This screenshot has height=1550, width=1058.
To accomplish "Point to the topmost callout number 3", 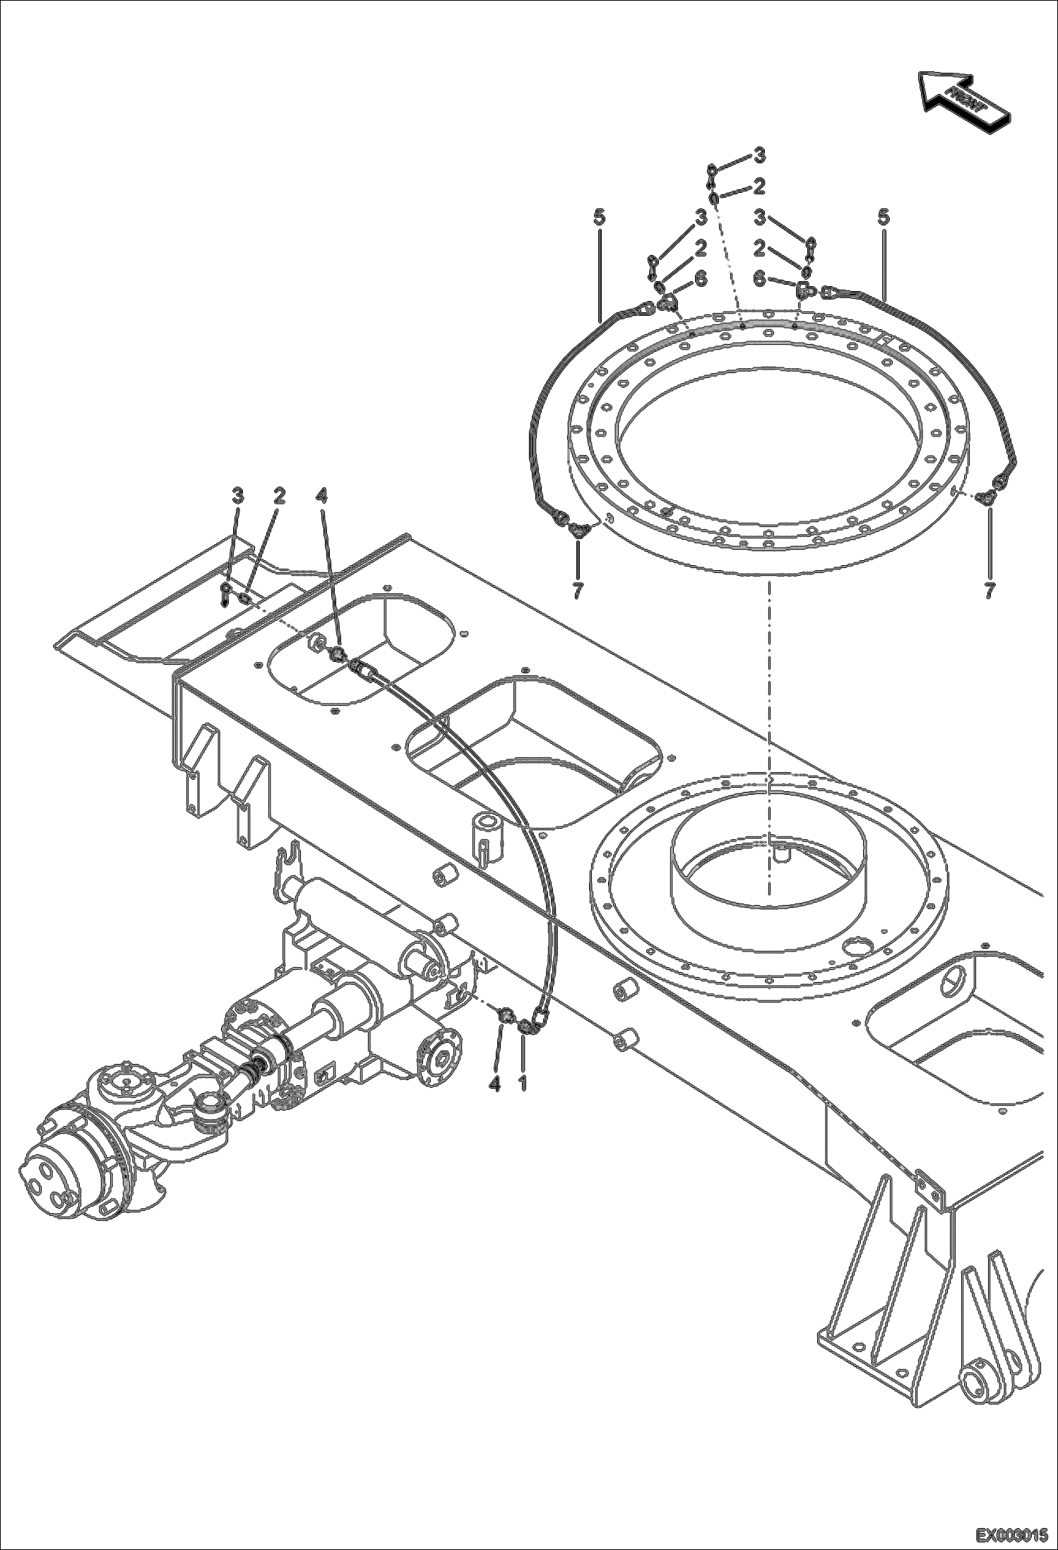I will (x=759, y=153).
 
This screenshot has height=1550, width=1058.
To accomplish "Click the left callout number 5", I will (x=599, y=218).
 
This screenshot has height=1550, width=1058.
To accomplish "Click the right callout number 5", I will (x=884, y=218).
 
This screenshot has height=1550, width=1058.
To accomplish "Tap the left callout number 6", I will (x=700, y=279).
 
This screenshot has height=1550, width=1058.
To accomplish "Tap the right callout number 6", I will (x=759, y=280).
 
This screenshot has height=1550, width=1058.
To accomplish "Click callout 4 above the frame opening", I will (x=322, y=497).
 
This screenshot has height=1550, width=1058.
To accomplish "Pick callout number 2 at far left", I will (x=279, y=497).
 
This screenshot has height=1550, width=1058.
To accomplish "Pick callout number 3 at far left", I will (x=238, y=497).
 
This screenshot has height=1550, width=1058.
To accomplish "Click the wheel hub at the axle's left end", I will (x=49, y=1188).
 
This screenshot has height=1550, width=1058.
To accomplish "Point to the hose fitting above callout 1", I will (x=526, y=1026).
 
